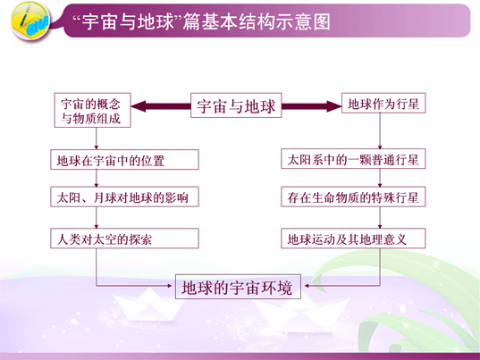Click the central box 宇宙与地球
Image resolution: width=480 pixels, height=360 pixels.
(236, 105)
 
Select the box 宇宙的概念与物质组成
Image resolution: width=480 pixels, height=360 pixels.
(92, 110)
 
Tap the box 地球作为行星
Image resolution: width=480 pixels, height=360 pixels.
(383, 103)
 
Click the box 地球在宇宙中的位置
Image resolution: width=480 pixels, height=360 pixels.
(124, 159)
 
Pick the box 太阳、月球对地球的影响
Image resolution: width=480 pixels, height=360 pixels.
(124, 197)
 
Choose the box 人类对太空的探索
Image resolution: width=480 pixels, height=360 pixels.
(124, 238)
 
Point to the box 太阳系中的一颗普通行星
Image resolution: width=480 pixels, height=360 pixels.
(353, 159)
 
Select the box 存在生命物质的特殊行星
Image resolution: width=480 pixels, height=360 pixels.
(353, 197)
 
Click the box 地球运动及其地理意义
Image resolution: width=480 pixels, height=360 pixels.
(353, 238)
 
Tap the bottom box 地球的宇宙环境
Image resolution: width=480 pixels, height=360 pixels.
(238, 287)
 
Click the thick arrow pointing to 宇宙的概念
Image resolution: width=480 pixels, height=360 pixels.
(161, 106)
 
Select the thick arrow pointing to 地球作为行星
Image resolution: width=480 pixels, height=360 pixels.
(312, 106)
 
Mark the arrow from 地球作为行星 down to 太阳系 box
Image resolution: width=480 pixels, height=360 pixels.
(380, 131)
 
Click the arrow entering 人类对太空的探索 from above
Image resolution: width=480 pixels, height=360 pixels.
(97, 217)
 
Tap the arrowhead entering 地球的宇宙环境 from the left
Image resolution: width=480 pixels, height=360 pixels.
(170, 286)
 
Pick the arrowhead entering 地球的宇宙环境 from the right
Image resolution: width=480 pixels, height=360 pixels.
(307, 286)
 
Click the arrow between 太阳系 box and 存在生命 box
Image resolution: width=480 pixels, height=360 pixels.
(380, 178)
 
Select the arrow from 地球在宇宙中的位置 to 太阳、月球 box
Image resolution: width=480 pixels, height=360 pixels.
(97, 178)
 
